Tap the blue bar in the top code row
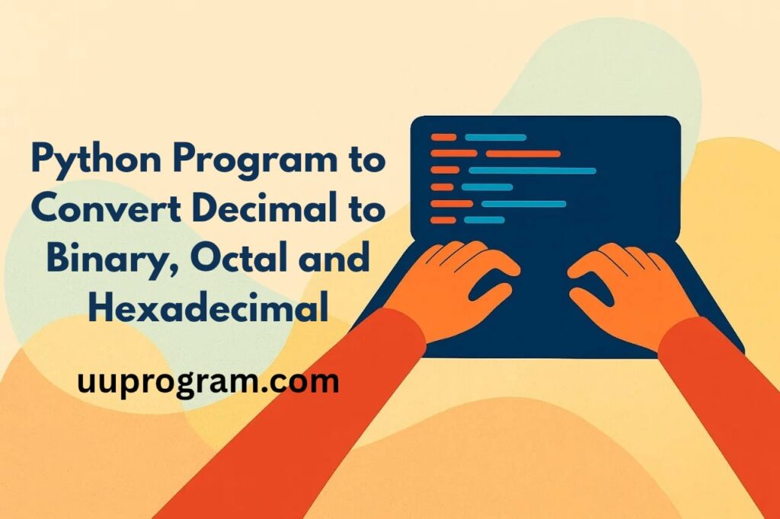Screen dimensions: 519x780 (x=495, y=137)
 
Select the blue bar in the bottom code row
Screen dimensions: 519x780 (x=484, y=220)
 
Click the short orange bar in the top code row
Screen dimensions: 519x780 (x=443, y=137)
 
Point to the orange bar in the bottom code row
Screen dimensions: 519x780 (x=443, y=220)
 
